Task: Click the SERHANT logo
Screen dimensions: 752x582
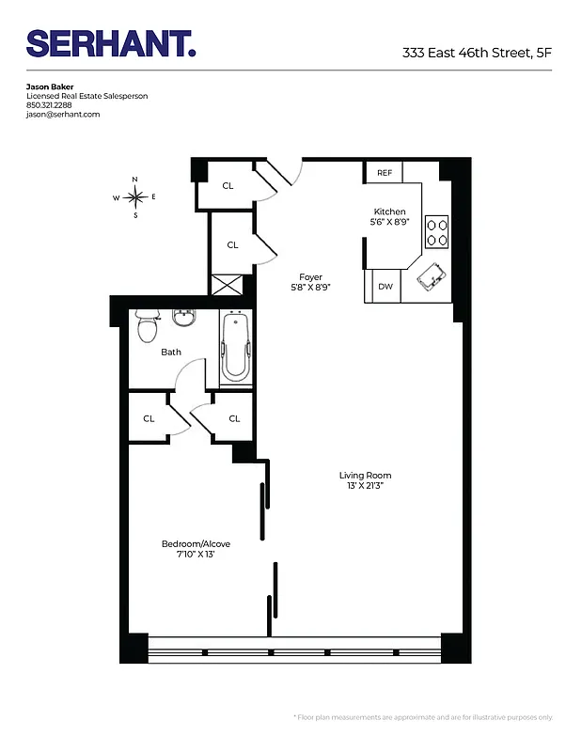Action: coord(111,43)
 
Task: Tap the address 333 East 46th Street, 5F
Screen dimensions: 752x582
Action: coord(477,53)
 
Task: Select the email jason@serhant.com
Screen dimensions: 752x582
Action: coord(62,115)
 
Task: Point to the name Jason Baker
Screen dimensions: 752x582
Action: coord(49,86)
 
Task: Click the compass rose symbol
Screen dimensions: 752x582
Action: coord(135,196)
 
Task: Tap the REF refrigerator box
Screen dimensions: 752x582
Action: coord(384,173)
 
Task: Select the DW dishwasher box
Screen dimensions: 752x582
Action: coord(385,287)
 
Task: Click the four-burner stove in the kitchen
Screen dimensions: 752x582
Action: coord(437,231)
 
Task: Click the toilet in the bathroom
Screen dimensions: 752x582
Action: coord(147,326)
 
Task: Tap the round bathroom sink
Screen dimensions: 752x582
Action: coord(184,319)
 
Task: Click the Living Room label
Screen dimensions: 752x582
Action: coord(365,476)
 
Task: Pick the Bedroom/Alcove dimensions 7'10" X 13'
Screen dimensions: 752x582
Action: coord(196,555)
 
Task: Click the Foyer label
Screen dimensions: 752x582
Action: coord(311,277)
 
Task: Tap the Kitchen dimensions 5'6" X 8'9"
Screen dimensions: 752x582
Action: coord(389,223)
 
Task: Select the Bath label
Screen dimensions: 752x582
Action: coord(170,352)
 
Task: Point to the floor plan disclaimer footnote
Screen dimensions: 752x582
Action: coord(424,717)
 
